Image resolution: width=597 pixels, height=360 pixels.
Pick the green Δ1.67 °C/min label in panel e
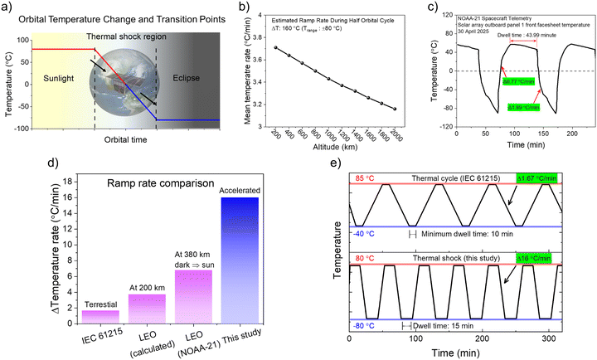pyautogui.click(x=544, y=178)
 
